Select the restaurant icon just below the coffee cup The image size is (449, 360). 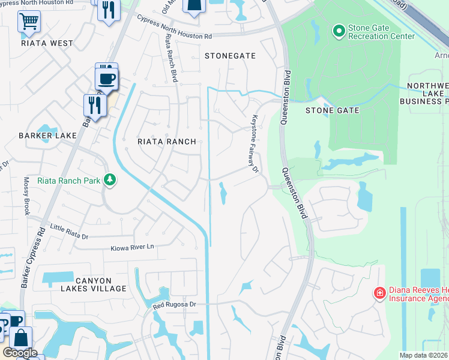[x=94, y=105]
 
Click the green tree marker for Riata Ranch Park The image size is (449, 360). [x=109, y=179]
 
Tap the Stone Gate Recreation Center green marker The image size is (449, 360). [x=339, y=29]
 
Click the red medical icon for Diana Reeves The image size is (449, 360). [x=379, y=293]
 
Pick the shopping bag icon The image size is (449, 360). [x=21, y=338]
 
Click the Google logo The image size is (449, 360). [x=20, y=353]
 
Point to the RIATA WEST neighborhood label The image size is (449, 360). [x=47, y=43]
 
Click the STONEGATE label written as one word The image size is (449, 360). [x=230, y=56]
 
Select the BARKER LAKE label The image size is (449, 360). [x=47, y=136]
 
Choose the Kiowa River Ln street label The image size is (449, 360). [x=132, y=247]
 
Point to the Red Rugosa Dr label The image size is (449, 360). [x=174, y=305]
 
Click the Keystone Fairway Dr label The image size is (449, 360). [x=255, y=143]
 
